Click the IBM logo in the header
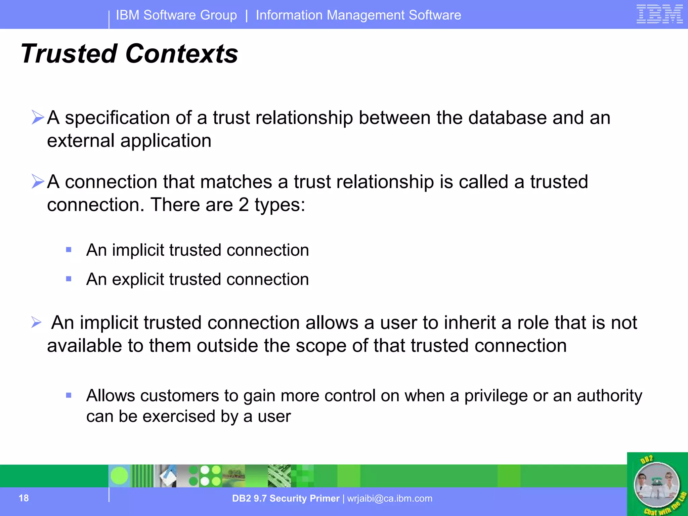point(659,14)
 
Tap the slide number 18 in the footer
point(24,498)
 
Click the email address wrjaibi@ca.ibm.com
point(390,498)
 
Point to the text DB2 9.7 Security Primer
point(286,498)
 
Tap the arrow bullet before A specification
point(38,117)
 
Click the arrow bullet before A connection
point(38,181)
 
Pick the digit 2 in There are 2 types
point(244,205)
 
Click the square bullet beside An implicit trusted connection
point(69,250)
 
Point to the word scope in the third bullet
point(320,346)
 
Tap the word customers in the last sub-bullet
point(180,396)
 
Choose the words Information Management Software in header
point(358,15)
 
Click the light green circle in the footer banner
point(119,476)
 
